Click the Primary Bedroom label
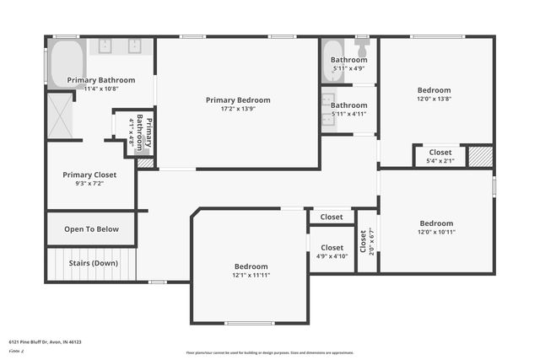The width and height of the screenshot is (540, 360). click(237, 99)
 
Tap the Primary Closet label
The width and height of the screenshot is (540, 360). click(89, 175)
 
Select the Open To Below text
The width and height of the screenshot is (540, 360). click(91, 228)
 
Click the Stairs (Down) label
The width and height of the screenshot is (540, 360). click(93, 263)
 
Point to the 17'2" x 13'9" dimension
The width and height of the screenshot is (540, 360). click(237, 109)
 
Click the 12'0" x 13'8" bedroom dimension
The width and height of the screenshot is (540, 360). click(434, 99)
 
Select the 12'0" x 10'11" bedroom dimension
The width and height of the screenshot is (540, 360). click(436, 232)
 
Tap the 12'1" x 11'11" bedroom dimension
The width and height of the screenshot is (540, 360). click(251, 275)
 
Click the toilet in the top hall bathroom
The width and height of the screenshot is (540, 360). click(363, 46)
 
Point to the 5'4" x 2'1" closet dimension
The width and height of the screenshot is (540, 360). click(440, 160)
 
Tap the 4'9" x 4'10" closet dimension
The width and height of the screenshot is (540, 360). click(332, 256)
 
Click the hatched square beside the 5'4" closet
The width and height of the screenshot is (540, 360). click(480, 156)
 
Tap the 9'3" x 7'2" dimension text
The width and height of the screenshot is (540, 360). click(89, 183)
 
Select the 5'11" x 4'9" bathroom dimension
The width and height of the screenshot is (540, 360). click(348, 68)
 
